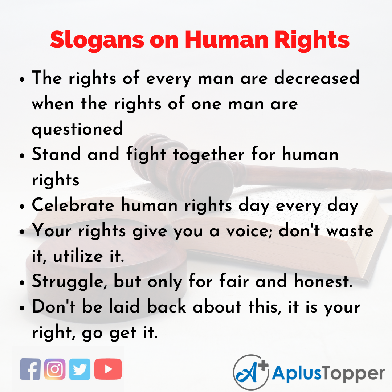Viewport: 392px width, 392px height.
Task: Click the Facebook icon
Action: point(30,369)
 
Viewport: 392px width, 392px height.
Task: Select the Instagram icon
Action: point(55,369)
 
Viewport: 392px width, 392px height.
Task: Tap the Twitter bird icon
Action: point(80,369)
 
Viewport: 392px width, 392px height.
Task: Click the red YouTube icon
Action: point(108,369)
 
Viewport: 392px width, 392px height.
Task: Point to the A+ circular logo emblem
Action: point(250,372)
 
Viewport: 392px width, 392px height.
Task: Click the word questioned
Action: point(77,130)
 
